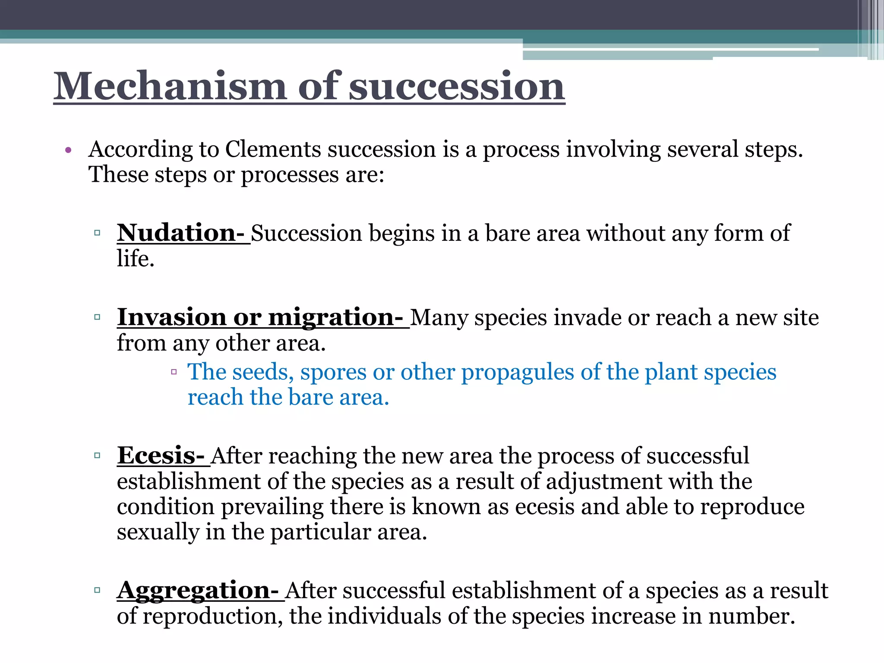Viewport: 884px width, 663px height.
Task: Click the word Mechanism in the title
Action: [x=170, y=86]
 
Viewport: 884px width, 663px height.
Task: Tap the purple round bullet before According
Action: [x=68, y=151]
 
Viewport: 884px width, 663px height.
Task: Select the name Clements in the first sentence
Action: [x=273, y=149]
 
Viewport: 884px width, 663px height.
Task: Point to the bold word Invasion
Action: [x=171, y=317]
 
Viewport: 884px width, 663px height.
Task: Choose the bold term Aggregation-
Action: [x=198, y=590]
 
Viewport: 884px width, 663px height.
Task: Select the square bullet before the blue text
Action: [x=174, y=372]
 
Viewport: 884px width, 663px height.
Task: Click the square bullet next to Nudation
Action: [x=97, y=233]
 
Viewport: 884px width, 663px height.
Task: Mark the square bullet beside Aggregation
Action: [x=97, y=590]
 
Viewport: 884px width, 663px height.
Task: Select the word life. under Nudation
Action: [x=136, y=259]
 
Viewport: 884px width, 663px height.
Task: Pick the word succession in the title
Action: [x=456, y=86]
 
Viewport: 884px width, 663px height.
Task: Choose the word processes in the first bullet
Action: [x=289, y=175]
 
